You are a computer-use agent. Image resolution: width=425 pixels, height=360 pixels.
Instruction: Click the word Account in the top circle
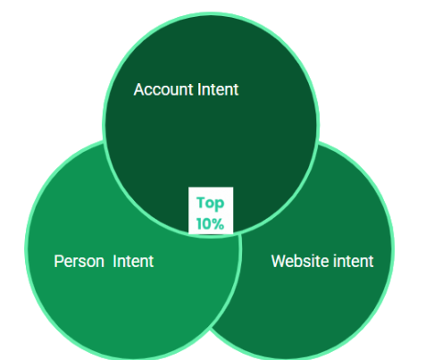pyautogui.click(x=163, y=89)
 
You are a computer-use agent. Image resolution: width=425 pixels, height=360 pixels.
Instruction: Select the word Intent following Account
pyautogui.click(x=218, y=89)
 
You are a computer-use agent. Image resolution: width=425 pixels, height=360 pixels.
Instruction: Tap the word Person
pyautogui.click(x=79, y=262)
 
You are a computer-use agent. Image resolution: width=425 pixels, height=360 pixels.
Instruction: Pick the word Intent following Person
pyautogui.click(x=133, y=262)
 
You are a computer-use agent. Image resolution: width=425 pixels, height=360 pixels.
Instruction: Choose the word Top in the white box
pyautogui.click(x=211, y=204)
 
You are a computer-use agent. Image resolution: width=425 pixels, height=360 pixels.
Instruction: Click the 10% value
pyautogui.click(x=210, y=224)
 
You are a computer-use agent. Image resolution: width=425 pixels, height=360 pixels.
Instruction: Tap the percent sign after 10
pyautogui.click(x=218, y=224)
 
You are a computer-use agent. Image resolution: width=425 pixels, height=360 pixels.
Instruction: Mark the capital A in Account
pyautogui.click(x=138, y=89)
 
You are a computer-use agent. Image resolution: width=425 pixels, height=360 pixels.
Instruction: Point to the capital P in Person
pyautogui.click(x=58, y=262)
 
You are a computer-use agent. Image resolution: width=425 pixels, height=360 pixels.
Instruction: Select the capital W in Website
pyautogui.click(x=279, y=261)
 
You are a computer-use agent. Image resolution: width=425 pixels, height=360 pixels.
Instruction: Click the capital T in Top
pyautogui.click(x=201, y=202)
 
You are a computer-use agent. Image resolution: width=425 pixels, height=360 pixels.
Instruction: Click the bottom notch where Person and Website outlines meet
pyautogui.click(x=210, y=329)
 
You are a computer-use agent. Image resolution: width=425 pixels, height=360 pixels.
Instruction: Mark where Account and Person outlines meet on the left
pyautogui.click(x=104, y=141)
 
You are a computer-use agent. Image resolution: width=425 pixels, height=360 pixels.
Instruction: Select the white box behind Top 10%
pyautogui.click(x=211, y=210)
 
